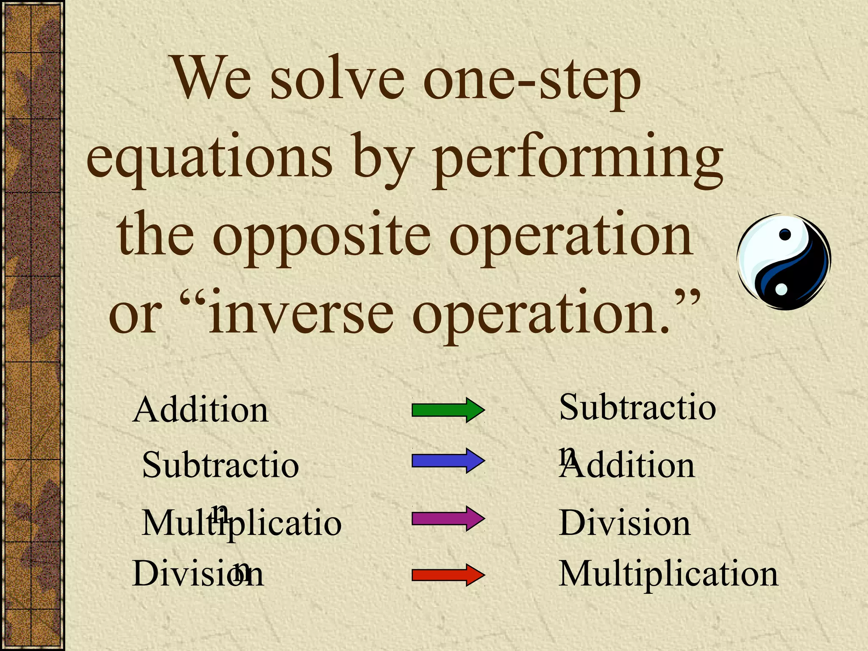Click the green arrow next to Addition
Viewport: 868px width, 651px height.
(448, 410)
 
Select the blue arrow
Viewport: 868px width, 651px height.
(448, 460)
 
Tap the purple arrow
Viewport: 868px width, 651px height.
(448, 518)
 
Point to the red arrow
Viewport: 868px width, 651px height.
(448, 575)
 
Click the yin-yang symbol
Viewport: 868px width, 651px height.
(784, 262)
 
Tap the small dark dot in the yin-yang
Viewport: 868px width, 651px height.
(785, 234)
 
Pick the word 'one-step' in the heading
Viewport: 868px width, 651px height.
(532, 81)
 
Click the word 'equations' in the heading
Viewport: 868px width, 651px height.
(209, 159)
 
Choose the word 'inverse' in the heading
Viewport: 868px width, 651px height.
(301, 314)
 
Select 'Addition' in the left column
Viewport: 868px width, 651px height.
(200, 410)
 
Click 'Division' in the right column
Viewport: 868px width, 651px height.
(625, 523)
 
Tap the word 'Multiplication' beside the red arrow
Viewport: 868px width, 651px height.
(668, 574)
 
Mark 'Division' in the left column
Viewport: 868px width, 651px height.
(198, 574)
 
